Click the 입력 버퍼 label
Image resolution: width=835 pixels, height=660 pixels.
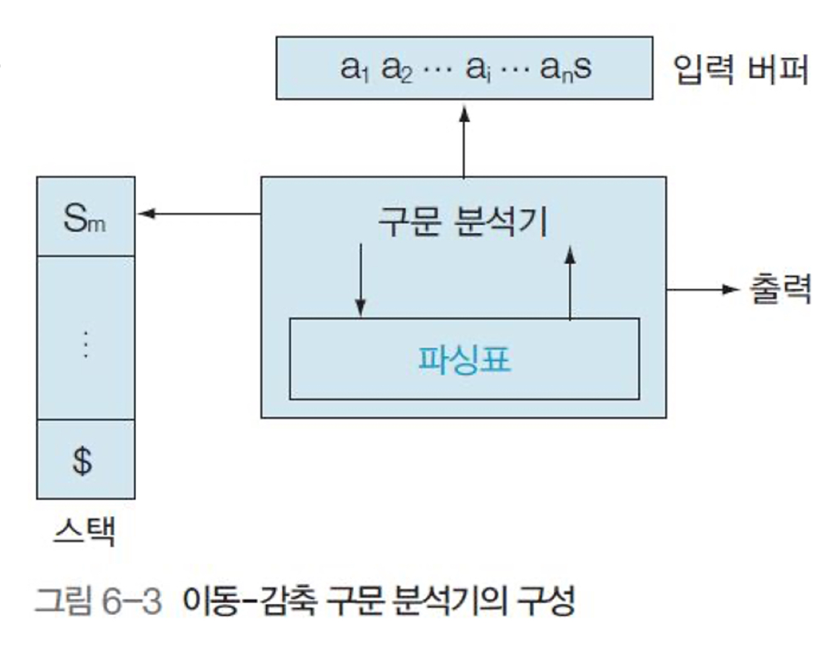pyautogui.click(x=740, y=69)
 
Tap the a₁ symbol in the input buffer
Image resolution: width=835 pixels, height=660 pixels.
pyautogui.click(x=354, y=69)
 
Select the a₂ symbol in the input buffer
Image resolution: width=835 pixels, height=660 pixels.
pyautogui.click(x=396, y=69)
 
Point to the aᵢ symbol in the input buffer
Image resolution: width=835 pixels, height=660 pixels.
pyautogui.click(x=477, y=69)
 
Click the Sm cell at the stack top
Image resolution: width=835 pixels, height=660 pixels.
pyautogui.click(x=84, y=217)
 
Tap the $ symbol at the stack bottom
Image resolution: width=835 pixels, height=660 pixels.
pyautogui.click(x=83, y=460)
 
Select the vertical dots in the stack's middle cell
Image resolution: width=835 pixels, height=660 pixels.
pyautogui.click(x=85, y=344)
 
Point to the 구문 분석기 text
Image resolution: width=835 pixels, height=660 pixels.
pyautogui.click(x=463, y=221)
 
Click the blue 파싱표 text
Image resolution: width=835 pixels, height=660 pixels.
pyautogui.click(x=465, y=360)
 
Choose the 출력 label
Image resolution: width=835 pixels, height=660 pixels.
pyautogui.click(x=780, y=289)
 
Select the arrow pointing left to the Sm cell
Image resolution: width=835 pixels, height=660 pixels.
pyautogui.click(x=198, y=214)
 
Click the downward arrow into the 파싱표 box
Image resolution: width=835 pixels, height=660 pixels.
pyautogui.click(x=360, y=280)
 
